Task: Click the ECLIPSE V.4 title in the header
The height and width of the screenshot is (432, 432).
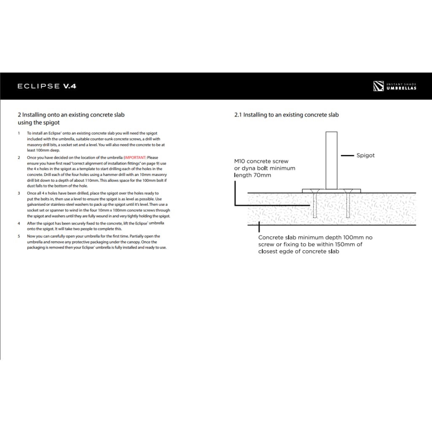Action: [x=46, y=86]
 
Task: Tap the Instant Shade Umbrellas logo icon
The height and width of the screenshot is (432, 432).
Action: [x=378, y=86]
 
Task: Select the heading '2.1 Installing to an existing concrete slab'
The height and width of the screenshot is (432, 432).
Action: [x=286, y=115]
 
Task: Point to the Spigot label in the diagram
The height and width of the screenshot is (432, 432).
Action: [x=365, y=155]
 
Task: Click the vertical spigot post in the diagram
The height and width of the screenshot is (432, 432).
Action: [x=331, y=160]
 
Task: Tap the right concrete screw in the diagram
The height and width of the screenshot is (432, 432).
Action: [x=348, y=205]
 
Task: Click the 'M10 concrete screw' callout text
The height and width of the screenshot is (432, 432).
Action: [x=261, y=161]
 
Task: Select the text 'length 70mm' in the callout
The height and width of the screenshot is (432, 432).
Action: [x=253, y=175]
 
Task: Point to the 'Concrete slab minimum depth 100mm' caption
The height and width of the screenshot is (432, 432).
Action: [x=315, y=238]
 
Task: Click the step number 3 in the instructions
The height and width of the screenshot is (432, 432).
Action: [x=19, y=193]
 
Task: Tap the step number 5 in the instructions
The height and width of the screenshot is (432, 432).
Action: [x=19, y=236]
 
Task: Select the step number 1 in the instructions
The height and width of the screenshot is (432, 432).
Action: [x=19, y=133]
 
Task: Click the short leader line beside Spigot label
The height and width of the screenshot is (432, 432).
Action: [x=347, y=156]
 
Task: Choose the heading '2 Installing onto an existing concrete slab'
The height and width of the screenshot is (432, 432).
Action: [x=71, y=115]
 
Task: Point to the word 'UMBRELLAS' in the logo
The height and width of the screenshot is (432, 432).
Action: [x=401, y=88]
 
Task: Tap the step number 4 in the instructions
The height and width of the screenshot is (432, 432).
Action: [x=19, y=223]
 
